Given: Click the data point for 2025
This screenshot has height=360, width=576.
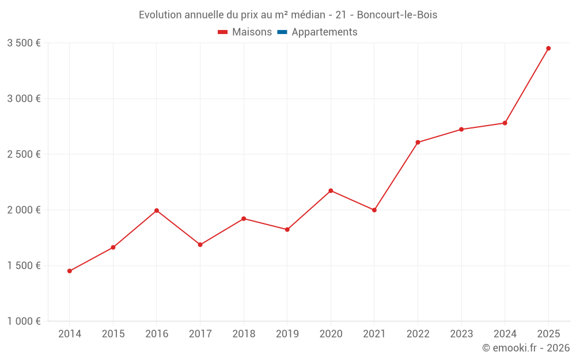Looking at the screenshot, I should [548, 48].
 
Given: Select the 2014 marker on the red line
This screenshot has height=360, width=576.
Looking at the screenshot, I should [70, 271].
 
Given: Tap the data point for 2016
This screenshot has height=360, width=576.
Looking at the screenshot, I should [157, 211].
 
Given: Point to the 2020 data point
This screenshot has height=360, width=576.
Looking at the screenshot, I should [331, 191].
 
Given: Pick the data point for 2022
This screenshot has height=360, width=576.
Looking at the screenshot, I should [418, 142].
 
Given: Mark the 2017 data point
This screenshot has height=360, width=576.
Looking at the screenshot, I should [200, 245].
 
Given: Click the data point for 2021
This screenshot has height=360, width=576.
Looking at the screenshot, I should [374, 210].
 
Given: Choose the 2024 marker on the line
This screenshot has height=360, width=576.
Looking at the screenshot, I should [505, 123].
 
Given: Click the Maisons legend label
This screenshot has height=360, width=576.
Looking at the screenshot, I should [252, 32].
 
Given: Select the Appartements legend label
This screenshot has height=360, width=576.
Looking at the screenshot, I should [324, 32].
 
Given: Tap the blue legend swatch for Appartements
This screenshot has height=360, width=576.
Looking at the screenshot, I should [282, 32].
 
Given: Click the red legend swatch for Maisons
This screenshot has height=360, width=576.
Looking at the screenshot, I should [223, 32].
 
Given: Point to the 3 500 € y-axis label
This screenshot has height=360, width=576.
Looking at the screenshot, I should [24, 43].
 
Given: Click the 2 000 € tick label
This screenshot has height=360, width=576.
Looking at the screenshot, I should [24, 210].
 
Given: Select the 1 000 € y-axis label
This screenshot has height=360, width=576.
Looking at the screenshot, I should [24, 321].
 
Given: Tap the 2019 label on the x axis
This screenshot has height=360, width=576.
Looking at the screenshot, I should [287, 334].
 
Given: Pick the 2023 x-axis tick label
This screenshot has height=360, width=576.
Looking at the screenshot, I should [461, 334].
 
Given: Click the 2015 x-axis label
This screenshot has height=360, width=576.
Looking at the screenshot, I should [113, 334].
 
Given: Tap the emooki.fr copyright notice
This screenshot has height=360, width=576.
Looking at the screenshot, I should [526, 348].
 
